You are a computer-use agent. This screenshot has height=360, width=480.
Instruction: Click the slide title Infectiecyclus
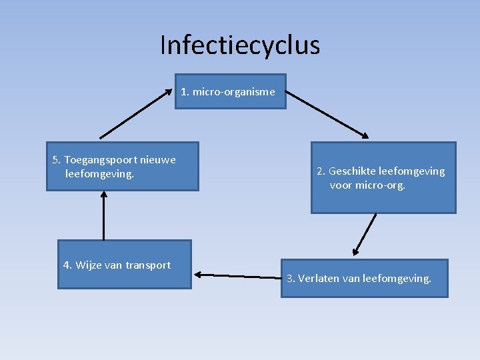(x=240, y=45)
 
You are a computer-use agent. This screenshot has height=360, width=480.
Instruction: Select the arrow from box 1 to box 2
(x=327, y=115)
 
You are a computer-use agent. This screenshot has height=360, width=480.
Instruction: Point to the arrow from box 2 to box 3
(x=365, y=235)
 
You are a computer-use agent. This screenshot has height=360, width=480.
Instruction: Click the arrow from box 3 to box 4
(x=237, y=275)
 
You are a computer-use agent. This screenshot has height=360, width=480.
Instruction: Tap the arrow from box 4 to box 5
(x=104, y=215)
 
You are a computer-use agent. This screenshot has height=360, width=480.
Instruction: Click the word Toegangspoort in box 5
(x=100, y=160)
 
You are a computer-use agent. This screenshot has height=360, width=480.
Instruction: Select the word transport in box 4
(x=147, y=265)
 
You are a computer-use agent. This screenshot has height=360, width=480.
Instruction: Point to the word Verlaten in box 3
(x=318, y=278)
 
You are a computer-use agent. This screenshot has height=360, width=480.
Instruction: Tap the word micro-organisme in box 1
(x=234, y=92)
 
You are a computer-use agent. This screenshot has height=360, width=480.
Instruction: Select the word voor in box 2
(x=341, y=185)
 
